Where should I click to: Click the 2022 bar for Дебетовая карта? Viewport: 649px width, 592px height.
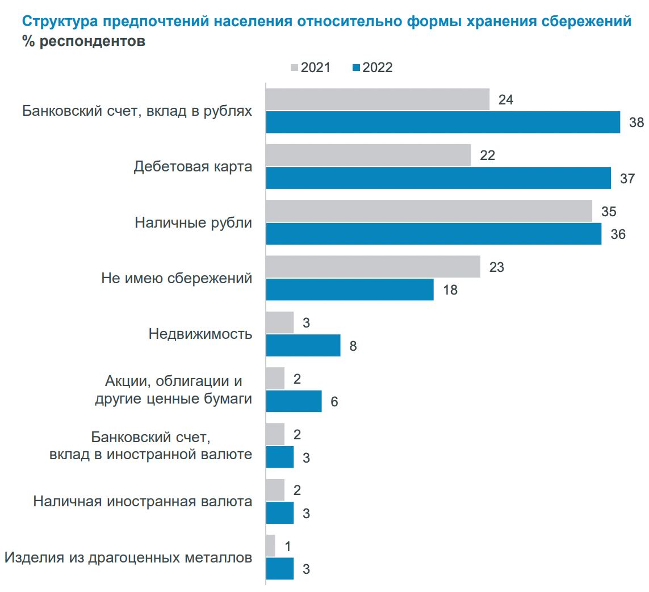tap(438, 178)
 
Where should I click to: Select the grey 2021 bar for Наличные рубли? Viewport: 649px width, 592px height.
tap(429, 211)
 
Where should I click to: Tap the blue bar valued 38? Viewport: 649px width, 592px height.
tap(443, 122)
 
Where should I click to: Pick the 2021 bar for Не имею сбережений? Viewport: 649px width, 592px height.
tap(373, 267)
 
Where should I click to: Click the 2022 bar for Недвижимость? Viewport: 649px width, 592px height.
tap(303, 345)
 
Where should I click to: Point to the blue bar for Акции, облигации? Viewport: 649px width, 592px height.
tap(294, 401)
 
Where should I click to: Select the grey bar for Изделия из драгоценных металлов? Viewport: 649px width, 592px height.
tap(270, 545)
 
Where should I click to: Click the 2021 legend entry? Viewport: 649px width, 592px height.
tap(310, 68)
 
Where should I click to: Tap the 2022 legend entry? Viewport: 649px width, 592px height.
tap(372, 68)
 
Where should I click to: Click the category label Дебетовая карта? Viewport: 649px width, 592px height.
tap(193, 167)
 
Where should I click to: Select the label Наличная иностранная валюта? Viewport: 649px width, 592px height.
tap(143, 502)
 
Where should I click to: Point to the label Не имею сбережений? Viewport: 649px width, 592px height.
tap(177, 278)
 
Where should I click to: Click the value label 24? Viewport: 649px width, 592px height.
tap(506, 99)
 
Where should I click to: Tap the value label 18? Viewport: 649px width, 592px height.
tap(450, 290)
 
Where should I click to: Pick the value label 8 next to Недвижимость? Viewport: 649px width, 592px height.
tap(353, 346)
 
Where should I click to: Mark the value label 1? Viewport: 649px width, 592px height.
tap(287, 546)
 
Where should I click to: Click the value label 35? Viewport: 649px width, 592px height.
tap(609, 211)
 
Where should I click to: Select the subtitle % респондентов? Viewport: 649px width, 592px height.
tap(83, 42)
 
